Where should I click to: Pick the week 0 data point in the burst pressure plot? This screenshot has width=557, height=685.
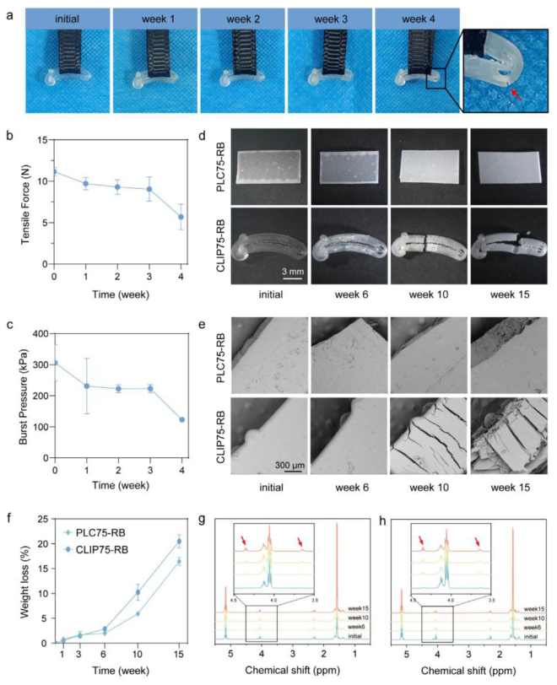click(55, 364)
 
